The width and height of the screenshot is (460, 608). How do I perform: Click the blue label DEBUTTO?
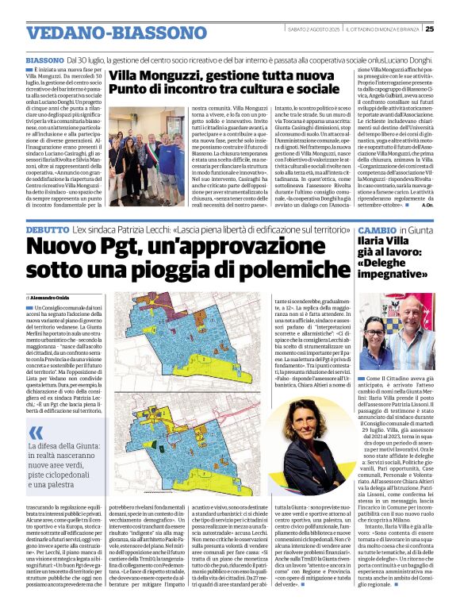point(47,229)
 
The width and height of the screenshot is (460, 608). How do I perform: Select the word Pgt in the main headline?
point(140,248)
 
